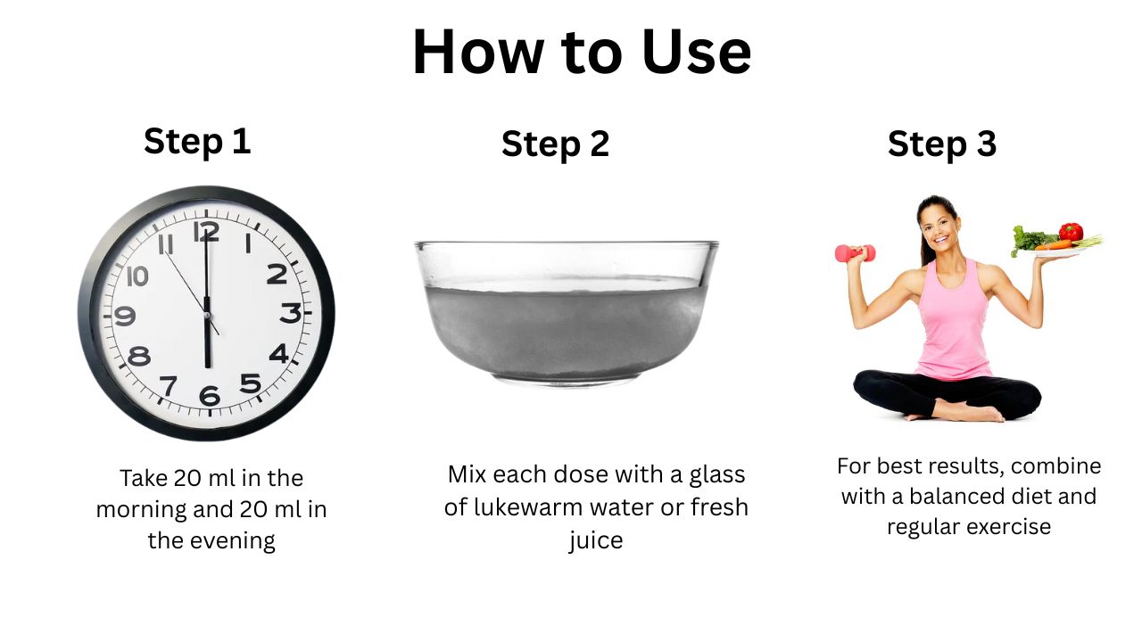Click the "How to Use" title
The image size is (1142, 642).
(581, 52)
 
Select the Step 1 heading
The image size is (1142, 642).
(197, 142)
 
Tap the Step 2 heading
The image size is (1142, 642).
(555, 144)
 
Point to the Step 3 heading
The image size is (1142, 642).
(941, 144)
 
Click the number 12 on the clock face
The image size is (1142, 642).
(206, 232)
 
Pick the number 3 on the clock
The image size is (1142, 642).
(291, 313)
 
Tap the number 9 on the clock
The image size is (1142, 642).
(124, 316)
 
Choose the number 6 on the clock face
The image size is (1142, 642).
(210, 396)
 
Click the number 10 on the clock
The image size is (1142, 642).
(137, 276)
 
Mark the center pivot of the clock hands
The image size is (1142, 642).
(207, 316)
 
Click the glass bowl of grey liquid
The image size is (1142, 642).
(567, 313)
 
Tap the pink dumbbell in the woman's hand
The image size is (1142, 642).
(855, 252)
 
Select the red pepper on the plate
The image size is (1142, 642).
(1071, 232)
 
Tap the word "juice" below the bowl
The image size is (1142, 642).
(595, 540)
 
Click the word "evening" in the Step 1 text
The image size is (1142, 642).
(233, 541)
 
